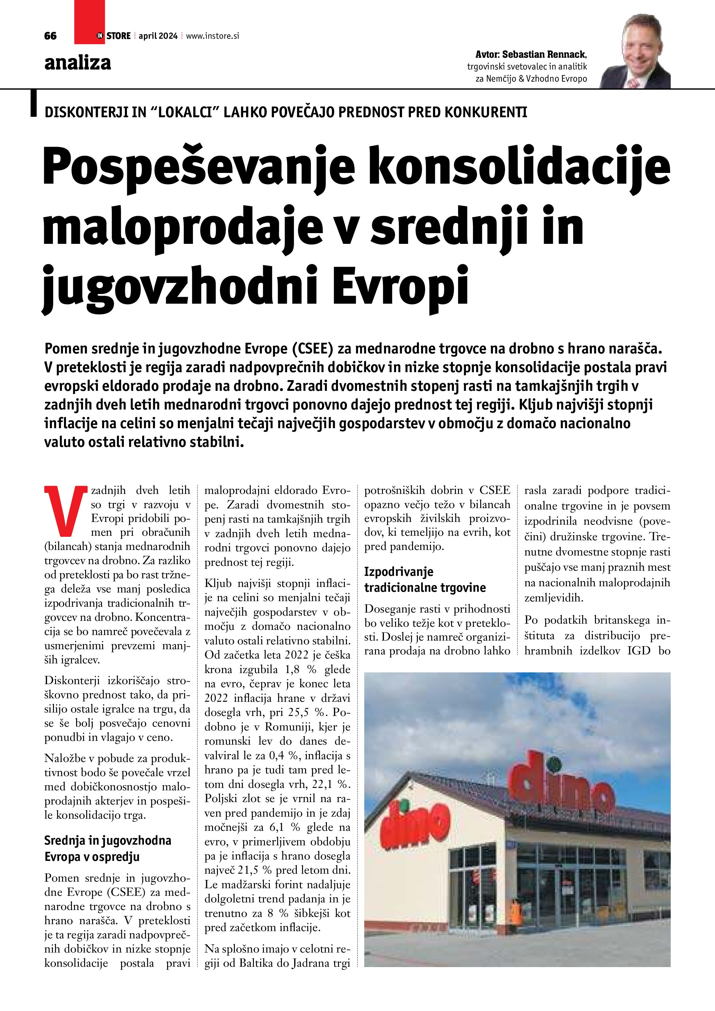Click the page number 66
50,36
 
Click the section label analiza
77,63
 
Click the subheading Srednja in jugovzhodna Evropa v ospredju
108,848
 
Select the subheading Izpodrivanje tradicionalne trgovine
424,579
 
